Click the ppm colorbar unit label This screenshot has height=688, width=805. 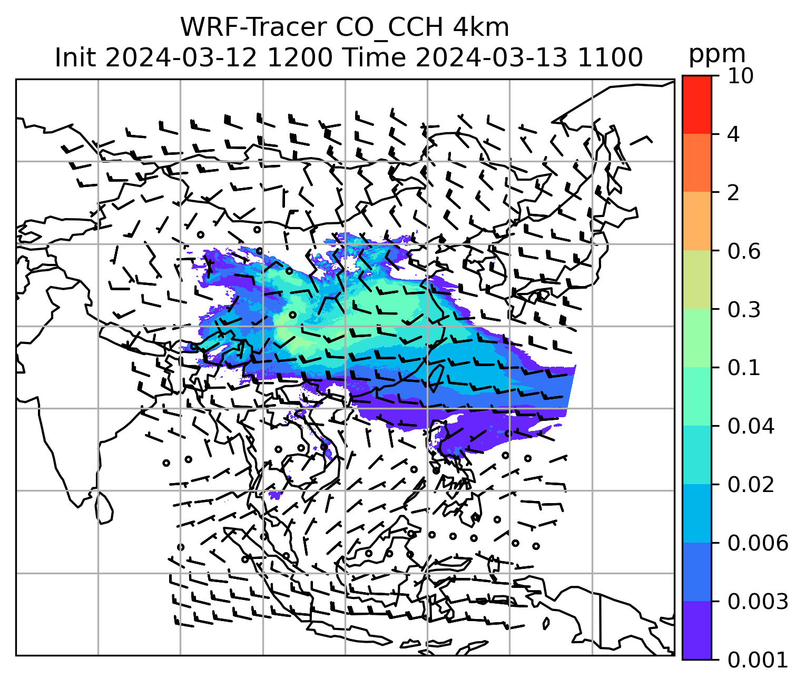point(717,54)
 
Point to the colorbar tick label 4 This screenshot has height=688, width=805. point(733,134)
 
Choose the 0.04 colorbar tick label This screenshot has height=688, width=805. point(751,426)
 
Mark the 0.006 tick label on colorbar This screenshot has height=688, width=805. point(758,543)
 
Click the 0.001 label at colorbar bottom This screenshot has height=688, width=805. point(758,660)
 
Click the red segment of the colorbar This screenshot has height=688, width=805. point(696,104)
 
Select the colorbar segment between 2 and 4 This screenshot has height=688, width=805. point(696,163)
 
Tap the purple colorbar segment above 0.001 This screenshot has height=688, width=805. point(696,630)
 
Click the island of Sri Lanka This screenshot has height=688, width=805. point(104,508)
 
